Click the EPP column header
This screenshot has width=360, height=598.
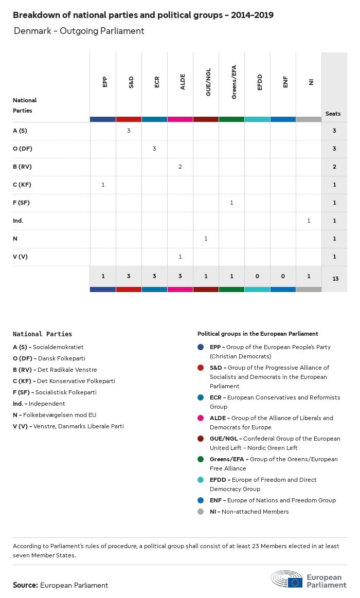tap(105, 82)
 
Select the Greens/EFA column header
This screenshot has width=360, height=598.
tap(234, 82)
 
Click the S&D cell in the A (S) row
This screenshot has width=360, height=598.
tap(129, 131)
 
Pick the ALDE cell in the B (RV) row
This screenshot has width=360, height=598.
tap(180, 167)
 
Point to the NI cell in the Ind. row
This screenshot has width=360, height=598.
tap(309, 221)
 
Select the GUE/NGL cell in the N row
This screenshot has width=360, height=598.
tap(206, 239)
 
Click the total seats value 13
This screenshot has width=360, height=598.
tap(335, 279)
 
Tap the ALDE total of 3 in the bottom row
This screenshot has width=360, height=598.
tap(180, 277)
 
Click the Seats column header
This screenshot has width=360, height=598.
tap(333, 114)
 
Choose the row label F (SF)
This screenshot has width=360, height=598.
tap(21, 203)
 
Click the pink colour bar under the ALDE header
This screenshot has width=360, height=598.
tap(180, 119)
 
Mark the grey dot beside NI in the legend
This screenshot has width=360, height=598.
tap(201, 512)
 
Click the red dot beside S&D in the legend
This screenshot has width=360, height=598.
tap(201, 368)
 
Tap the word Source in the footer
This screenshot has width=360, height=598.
tap(25, 585)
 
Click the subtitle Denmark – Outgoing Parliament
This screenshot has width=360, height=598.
tap(79, 31)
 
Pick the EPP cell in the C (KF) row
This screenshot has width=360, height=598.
tap(103, 185)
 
